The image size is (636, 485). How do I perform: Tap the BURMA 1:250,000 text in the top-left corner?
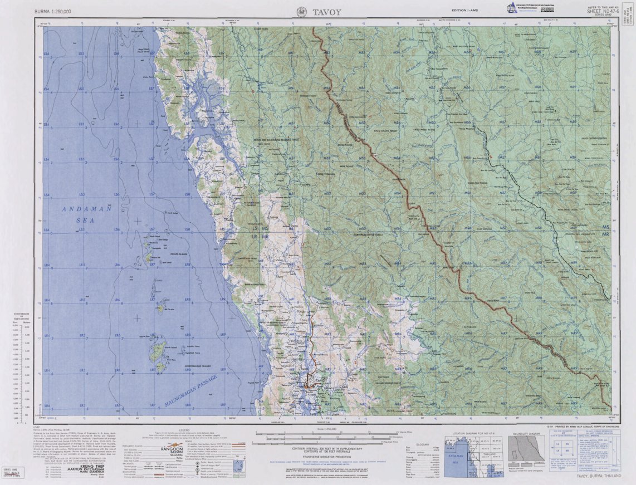(x=53, y=11)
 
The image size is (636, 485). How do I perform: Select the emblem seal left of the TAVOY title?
(x=301, y=11)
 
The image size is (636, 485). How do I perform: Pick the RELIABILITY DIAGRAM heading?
(x=525, y=433)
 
